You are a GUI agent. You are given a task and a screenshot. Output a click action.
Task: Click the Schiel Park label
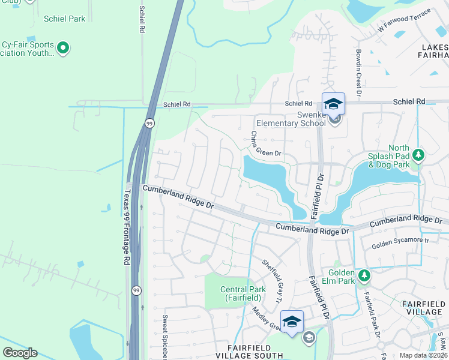65,19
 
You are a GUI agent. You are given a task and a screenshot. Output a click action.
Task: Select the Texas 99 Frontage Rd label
127,228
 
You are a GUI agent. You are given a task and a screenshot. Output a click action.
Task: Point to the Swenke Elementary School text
291,119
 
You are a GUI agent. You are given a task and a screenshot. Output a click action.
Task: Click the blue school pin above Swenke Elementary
333,104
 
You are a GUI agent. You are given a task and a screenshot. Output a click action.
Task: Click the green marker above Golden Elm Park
364,275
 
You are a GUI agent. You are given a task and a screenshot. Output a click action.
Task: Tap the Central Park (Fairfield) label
243,293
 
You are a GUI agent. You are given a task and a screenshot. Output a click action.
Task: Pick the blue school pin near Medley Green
292,322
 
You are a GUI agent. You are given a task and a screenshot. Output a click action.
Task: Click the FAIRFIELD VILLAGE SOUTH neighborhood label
254,352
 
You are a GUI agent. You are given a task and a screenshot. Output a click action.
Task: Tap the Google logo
20,353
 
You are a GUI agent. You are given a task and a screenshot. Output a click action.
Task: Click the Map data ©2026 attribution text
423,355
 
